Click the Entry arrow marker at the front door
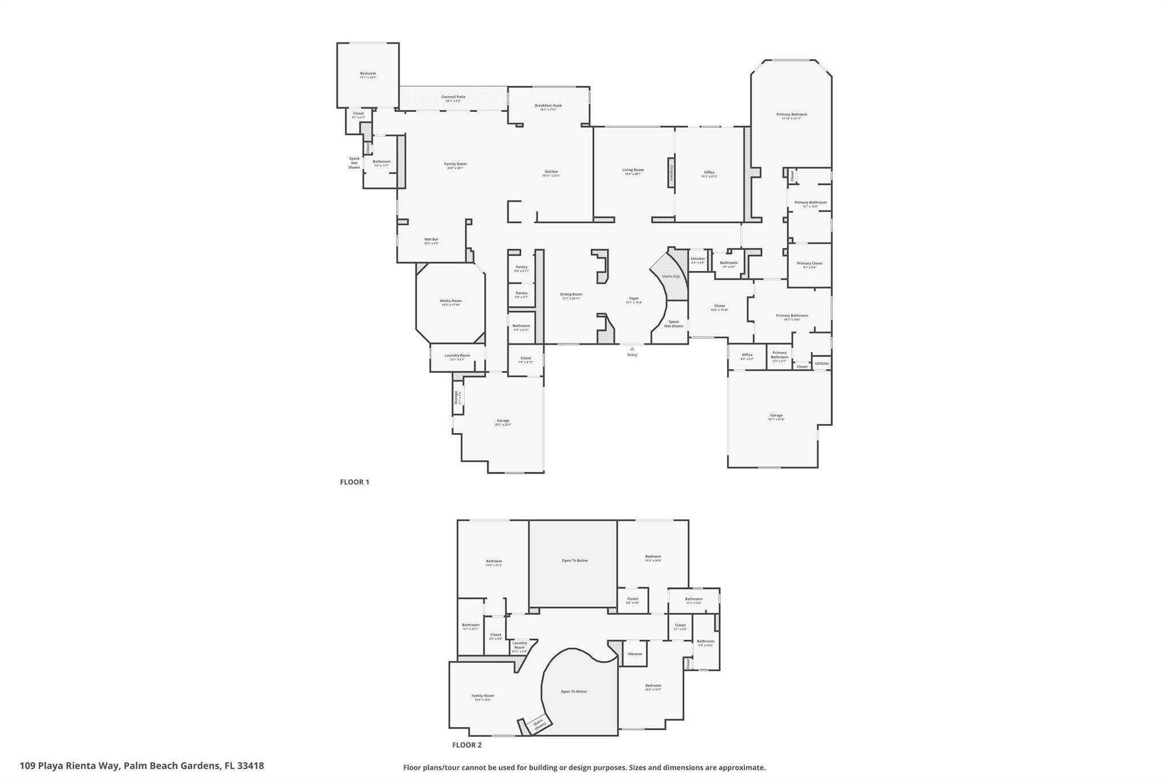click(632, 348)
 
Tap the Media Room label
click(450, 301)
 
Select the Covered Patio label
click(453, 97)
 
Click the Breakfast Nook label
click(548, 106)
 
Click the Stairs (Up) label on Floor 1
click(671, 276)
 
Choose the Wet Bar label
click(431, 240)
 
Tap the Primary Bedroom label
click(791, 115)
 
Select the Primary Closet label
click(809, 264)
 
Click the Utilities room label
click(821, 364)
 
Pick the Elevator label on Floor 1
click(698, 259)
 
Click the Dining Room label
click(571, 294)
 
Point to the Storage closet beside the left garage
click(457, 397)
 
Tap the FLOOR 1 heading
click(354, 482)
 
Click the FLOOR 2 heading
click(467, 745)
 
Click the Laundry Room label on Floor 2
click(519, 645)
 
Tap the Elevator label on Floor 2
click(635, 654)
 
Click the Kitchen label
click(551, 172)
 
